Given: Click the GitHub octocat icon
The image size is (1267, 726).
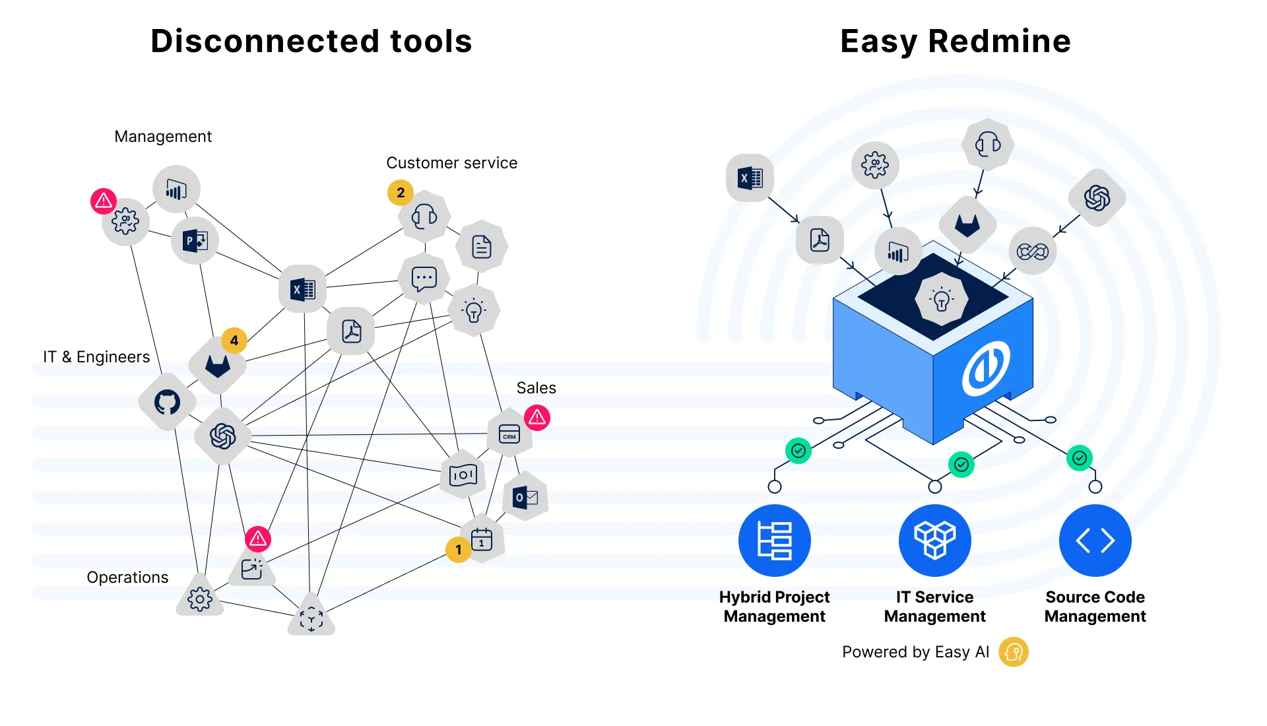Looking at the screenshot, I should (167, 402).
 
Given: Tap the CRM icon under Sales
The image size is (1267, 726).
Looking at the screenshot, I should (509, 434).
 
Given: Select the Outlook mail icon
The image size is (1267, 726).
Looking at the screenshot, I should (525, 497).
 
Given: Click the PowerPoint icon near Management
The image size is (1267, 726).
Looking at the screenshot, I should (195, 241).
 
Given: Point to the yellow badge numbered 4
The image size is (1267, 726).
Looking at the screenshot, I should (234, 341).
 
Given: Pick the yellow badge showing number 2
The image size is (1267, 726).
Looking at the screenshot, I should (401, 193).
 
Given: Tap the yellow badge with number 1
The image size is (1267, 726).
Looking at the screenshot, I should (459, 550).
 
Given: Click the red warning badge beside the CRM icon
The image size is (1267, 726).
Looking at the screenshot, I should (537, 417).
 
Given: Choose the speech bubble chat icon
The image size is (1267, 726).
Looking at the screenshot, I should (424, 279).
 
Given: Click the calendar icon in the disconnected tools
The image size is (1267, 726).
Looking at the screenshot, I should (482, 539).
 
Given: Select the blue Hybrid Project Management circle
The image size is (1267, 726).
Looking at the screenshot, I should (774, 541).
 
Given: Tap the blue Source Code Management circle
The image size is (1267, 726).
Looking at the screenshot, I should (1095, 541).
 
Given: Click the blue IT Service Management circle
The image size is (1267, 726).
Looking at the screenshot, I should (934, 541).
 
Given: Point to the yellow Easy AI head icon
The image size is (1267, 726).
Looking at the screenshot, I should (1014, 652).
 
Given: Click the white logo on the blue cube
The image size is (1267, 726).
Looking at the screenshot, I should (986, 368).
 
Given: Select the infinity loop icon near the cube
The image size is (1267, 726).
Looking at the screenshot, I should (1032, 251).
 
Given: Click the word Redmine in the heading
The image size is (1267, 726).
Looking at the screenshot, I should (999, 41).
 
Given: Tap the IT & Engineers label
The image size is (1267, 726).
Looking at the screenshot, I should (96, 357).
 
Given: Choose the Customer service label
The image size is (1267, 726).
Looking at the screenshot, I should (451, 163).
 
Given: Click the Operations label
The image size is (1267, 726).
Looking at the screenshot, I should (127, 577).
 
